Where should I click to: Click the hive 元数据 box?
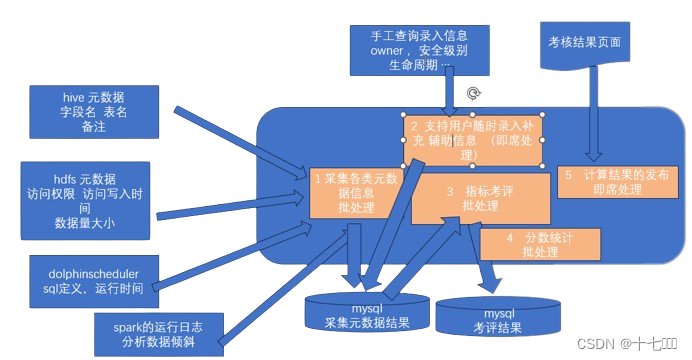point(92,112)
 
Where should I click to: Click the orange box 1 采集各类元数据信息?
point(356,189)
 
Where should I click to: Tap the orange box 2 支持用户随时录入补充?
point(472,139)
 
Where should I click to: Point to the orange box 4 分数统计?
point(539,244)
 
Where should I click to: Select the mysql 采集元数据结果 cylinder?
point(369,313)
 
